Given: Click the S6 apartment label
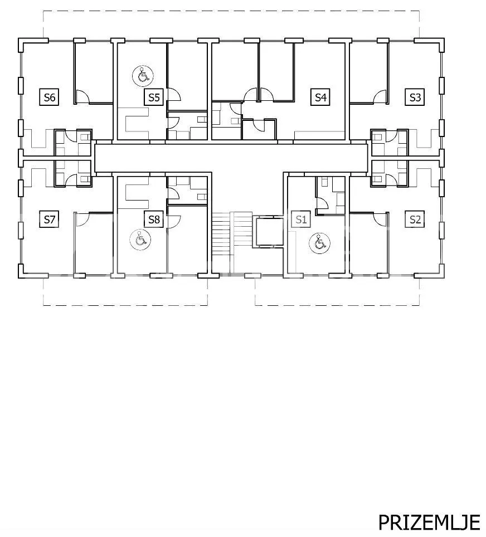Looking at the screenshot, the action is (x=50, y=97).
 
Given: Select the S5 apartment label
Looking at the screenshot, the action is (x=154, y=97).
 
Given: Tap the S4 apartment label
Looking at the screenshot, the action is (x=320, y=97).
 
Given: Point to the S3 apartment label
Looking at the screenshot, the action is (x=415, y=97).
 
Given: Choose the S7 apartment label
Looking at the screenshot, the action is (x=50, y=219).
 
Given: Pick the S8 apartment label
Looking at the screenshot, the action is (x=154, y=219).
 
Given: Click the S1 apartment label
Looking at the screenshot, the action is (x=301, y=219).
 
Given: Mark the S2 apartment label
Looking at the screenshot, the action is (x=415, y=219).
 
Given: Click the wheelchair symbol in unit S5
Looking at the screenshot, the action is (x=143, y=75).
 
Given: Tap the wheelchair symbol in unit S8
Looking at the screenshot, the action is (x=140, y=239).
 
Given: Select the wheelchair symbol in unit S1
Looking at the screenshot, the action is (x=319, y=243).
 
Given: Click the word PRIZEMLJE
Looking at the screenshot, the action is (x=429, y=523).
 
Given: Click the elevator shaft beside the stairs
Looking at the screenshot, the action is (x=270, y=231).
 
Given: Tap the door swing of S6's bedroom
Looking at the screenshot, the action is (x=82, y=96).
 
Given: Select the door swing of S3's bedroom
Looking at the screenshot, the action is (x=381, y=96).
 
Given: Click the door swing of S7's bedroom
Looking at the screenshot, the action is (x=82, y=219).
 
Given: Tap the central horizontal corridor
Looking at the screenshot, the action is (x=231, y=158).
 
